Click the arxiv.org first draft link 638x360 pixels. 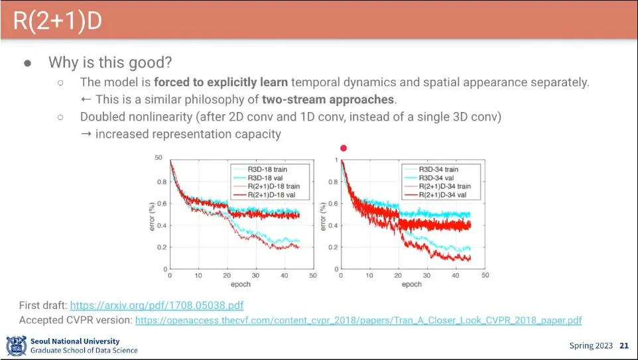coord(157,306)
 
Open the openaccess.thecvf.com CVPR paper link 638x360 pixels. coord(358,320)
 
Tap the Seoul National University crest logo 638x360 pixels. coord(17,345)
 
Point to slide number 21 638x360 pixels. coord(623,345)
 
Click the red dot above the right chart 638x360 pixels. coord(343,148)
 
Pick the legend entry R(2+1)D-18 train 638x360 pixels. coord(273,186)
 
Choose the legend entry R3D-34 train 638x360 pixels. coord(438,170)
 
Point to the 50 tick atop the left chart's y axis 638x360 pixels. coord(158,158)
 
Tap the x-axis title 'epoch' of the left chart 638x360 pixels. coord(241,284)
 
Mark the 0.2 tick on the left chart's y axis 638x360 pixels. coord(160,247)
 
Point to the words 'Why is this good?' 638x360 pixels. coord(110,63)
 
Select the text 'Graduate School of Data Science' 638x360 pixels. coord(84,350)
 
